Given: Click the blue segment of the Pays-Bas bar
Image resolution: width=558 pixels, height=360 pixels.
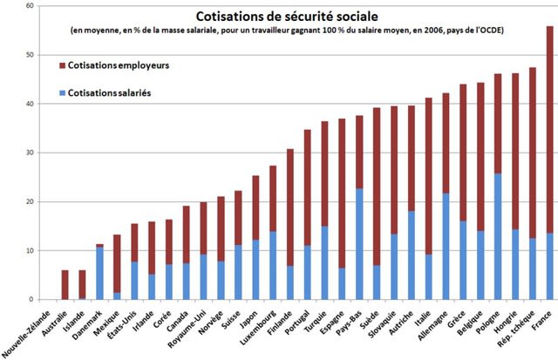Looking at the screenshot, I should pos(358,243).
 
